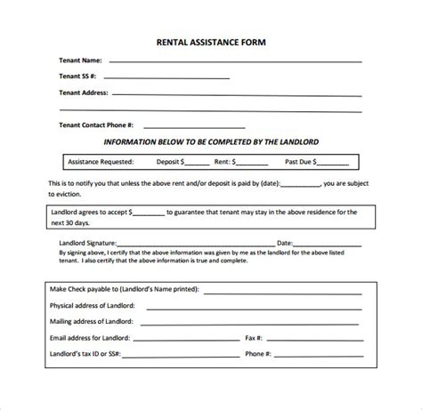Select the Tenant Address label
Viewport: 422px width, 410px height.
pyautogui.click(x=85, y=92)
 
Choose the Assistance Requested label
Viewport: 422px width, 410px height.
pyautogui.click(x=100, y=162)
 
